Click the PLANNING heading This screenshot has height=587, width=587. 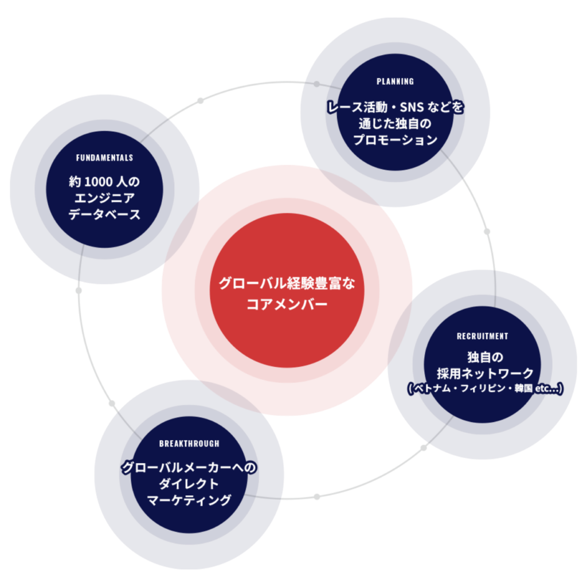coord(395,81)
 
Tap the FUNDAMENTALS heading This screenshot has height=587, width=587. coord(104,158)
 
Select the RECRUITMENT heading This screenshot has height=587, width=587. coord(482,336)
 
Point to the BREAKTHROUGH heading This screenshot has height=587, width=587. coord(189,444)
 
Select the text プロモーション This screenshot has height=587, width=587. coord(395,140)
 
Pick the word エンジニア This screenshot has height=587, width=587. coord(104,199)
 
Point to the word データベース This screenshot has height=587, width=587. coord(104,215)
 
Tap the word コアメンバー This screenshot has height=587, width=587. coord(287,304)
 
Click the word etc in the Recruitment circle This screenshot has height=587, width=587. coord(541,389)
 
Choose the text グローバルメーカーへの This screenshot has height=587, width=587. coord(189,468)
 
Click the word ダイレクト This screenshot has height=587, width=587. coord(189,484)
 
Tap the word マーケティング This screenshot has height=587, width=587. coord(189,500)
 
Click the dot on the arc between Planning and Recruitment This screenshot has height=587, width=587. coord(487,232)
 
